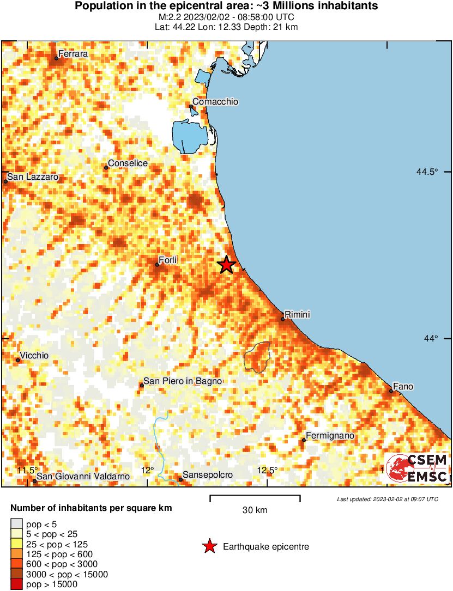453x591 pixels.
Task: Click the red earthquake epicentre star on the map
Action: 227,265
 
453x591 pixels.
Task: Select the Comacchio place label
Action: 215,102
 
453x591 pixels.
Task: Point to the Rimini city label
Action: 297,314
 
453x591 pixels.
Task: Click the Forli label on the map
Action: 168,260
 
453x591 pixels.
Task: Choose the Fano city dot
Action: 391,391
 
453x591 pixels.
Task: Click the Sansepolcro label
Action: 207,475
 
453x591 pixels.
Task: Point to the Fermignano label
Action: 330,436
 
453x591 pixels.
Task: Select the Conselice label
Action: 128,163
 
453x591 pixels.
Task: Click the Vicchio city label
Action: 34,356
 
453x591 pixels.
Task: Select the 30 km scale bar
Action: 255,497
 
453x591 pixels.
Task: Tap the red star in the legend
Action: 209,546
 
